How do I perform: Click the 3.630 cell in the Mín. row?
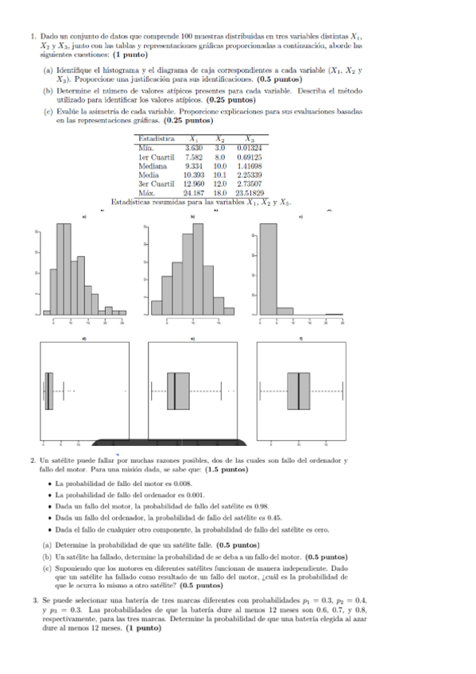(x=194, y=148)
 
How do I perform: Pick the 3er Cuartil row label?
(x=156, y=184)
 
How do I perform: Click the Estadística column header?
(x=157, y=139)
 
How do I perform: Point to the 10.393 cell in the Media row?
(x=194, y=175)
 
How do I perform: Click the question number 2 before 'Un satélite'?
(x=32, y=460)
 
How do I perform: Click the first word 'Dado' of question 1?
(x=48, y=37)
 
